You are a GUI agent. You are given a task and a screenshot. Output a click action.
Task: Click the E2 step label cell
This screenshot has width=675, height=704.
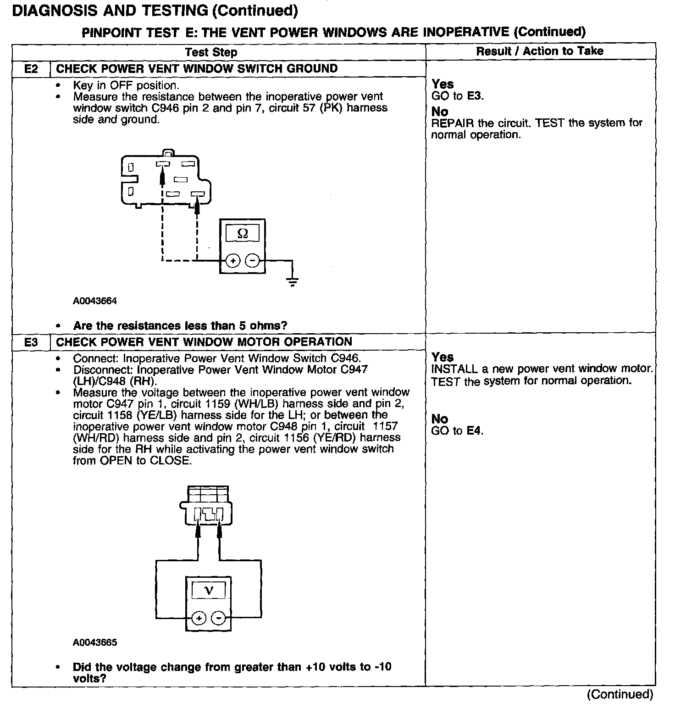pos(31,69)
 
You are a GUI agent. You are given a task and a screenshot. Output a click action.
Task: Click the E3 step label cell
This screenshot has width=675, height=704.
pos(31,342)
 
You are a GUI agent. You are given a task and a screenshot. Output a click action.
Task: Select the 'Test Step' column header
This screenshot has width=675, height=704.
pos(211,52)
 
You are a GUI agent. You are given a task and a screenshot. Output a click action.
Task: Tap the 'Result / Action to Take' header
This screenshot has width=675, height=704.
pos(540,51)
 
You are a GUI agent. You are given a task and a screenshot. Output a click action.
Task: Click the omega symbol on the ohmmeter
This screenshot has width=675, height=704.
pos(243,234)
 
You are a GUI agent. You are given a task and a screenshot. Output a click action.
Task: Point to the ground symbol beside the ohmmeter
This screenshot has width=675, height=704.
pos(292,280)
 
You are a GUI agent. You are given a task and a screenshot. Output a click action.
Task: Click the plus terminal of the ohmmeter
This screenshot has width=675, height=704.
pos(233,261)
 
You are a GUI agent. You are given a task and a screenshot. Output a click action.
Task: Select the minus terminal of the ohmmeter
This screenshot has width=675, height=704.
pos(252,261)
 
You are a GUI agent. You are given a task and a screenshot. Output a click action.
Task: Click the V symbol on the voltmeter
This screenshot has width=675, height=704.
pos(209,590)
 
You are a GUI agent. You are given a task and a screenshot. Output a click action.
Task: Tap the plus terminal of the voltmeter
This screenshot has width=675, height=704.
pos(199,618)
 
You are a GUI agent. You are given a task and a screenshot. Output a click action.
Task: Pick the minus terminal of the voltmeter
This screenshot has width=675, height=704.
pos(219,618)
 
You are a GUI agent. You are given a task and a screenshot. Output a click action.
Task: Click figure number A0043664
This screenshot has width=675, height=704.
pos(95,301)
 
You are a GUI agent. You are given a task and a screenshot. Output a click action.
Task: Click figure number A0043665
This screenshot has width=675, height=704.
pos(95,643)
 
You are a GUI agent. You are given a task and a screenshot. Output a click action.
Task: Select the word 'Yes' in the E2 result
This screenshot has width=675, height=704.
pos(443,84)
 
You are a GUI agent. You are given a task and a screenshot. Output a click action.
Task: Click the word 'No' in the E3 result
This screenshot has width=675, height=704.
pos(439,419)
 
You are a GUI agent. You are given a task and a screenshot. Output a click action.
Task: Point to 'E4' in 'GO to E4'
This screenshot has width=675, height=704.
pos(474,430)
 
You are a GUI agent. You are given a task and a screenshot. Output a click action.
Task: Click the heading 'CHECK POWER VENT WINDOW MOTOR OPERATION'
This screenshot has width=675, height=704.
pos(204,342)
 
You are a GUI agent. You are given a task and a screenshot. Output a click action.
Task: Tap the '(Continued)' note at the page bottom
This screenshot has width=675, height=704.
pos(620,694)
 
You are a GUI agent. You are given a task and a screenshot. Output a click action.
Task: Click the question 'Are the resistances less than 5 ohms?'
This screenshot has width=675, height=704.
pos(180,326)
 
